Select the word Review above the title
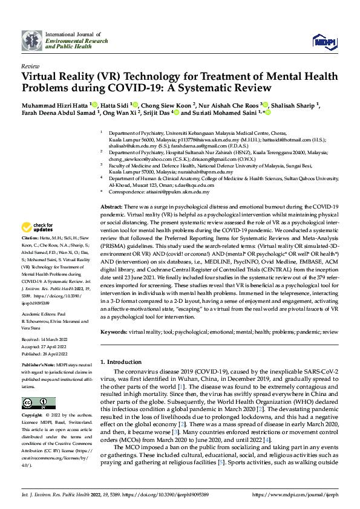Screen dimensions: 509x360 [x=30, y=65]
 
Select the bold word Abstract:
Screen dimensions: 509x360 [x=112, y=207]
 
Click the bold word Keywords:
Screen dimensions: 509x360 [x=114, y=331]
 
